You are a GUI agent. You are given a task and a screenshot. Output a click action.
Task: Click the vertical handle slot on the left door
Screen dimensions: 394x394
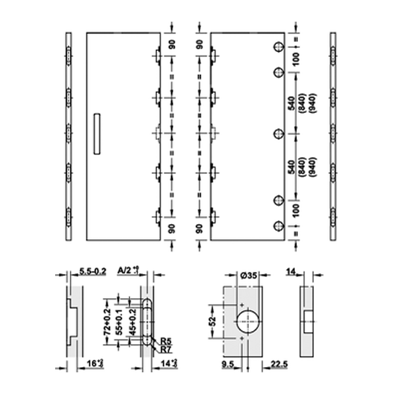tap(97, 134)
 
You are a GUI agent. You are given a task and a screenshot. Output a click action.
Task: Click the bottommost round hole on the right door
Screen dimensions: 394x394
tap(278, 226)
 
